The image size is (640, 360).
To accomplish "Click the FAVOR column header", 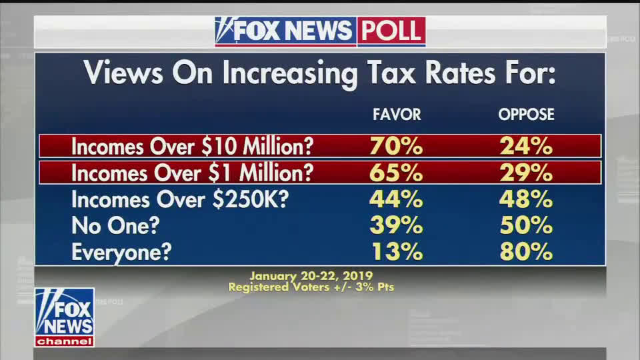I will click(397, 115).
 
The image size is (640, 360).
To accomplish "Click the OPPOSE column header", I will click(526, 115).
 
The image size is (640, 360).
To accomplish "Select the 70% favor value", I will click(396, 146).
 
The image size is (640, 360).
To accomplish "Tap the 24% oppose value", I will click(526, 146).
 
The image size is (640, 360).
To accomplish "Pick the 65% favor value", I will click(396, 173).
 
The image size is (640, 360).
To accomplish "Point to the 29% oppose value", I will click(526, 173).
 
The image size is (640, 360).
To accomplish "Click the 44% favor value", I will click(396, 199).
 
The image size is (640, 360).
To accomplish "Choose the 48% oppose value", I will click(526, 199).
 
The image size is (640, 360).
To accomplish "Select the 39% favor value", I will click(396, 225).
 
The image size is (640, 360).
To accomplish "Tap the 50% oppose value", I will click(526, 225).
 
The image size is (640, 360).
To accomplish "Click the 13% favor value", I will click(396, 252).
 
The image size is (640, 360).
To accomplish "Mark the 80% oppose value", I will click(526, 252).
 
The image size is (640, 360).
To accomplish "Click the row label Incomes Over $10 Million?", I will click(192, 146).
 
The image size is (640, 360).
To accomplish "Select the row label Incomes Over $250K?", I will click(180, 199).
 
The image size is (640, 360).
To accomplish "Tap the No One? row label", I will click(115, 225).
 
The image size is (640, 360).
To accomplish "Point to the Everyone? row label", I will click(121, 252).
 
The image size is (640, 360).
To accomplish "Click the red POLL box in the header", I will click(391, 31).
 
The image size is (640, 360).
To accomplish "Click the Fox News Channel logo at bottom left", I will click(64, 317).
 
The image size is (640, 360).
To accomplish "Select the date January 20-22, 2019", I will click(311, 275).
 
